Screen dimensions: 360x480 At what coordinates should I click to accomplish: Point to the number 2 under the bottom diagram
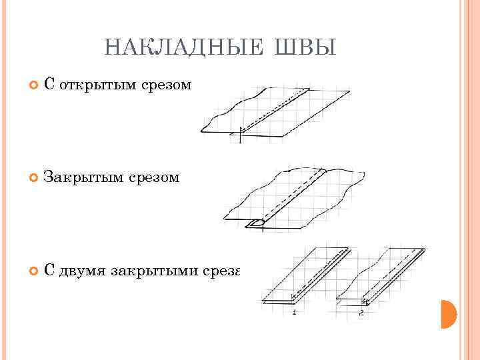tap(361, 312)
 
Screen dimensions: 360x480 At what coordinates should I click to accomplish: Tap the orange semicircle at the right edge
tap(448, 314)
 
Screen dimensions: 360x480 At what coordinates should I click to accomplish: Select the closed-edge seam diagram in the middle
tap(293, 197)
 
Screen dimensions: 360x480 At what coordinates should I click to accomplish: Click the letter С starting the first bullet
tap(48, 85)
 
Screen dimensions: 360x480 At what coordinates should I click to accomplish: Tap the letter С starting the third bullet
tap(48, 270)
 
